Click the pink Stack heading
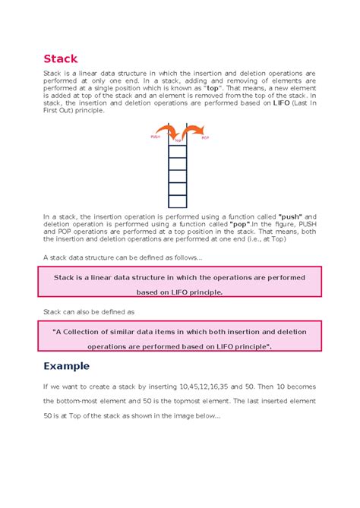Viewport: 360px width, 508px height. pyautogui.click(x=60, y=58)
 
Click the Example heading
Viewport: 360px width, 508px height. pyautogui.click(x=67, y=365)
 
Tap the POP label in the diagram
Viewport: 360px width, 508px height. pyautogui.click(x=204, y=138)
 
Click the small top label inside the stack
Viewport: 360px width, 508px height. pyautogui.click(x=178, y=141)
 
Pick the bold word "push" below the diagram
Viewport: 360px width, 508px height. pyautogui.click(x=292, y=216)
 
